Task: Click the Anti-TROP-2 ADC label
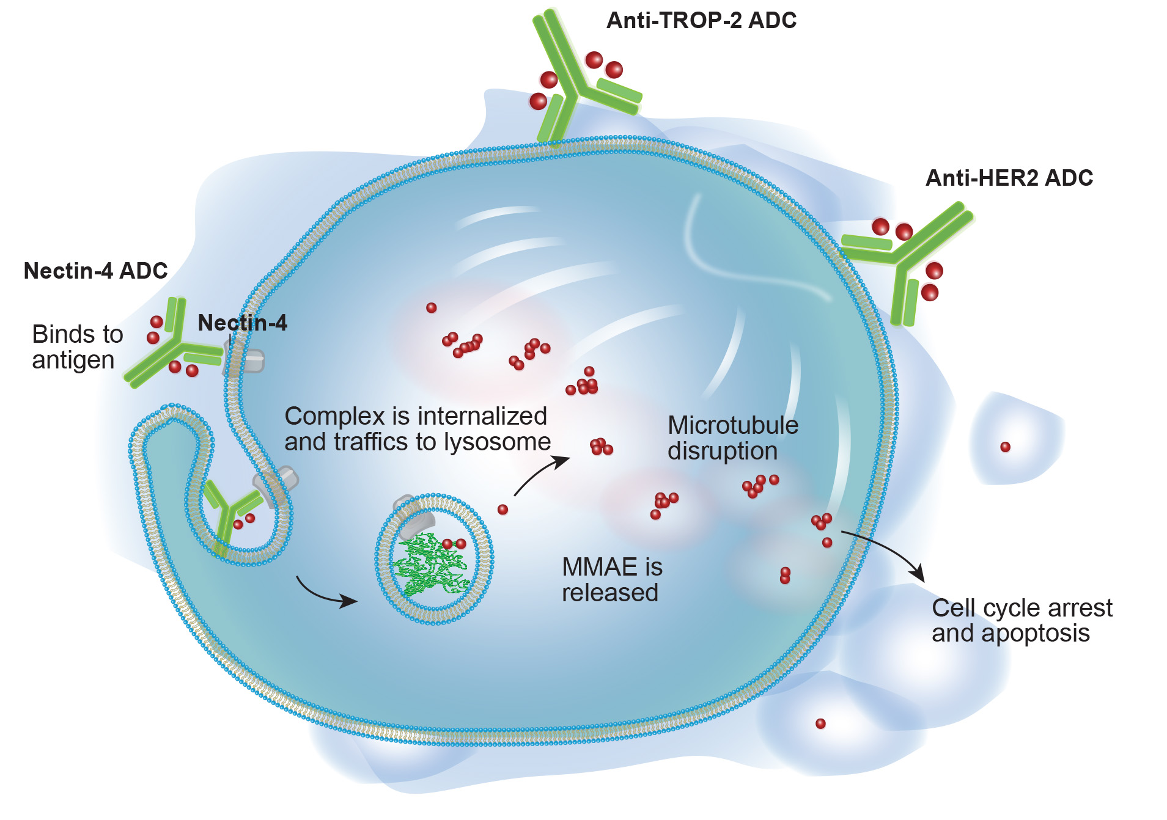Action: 701,21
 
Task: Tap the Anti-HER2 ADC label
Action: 1009,178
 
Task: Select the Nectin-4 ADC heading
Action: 95,271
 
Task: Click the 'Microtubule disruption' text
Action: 732,438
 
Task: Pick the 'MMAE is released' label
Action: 611,580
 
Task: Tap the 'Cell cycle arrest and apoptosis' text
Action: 1021,621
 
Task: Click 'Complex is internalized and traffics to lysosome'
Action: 417,429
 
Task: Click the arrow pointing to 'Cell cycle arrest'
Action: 886,550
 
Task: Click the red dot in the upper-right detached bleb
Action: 1005,447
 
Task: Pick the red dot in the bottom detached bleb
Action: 820,724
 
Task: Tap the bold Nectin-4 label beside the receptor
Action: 242,323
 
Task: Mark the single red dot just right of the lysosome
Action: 503,510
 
